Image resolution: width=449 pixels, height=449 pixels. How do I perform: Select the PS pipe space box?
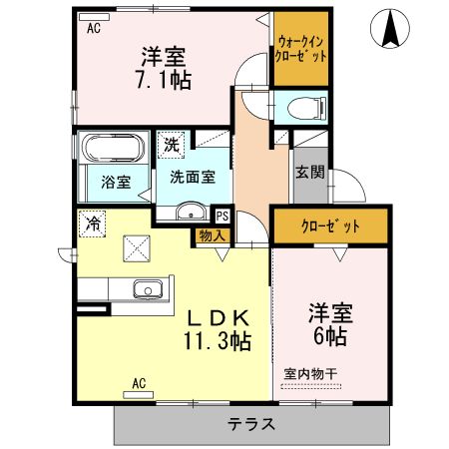coord(222,214)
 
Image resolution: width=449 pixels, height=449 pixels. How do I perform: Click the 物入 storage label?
coord(211,235)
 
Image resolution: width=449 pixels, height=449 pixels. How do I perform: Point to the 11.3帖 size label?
coord(217,341)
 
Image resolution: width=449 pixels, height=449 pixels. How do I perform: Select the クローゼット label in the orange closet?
coord(330,225)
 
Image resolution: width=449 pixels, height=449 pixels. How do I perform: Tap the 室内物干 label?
coord(310,373)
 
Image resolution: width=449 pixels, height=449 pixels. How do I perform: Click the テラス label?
coord(250,423)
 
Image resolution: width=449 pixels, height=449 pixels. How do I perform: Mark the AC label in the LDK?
coord(141,382)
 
